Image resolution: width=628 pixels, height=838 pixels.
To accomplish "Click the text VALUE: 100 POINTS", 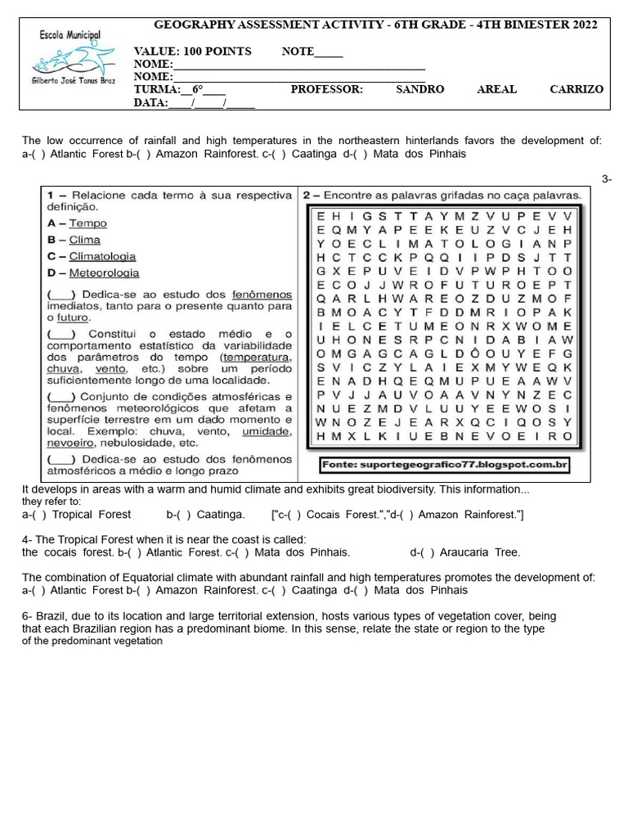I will [193, 52].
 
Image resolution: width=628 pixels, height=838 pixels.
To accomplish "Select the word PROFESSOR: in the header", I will [326, 89].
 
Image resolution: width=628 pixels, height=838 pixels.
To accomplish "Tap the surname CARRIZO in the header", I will [576, 89].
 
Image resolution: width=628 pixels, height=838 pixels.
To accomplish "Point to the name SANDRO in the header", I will [419, 89].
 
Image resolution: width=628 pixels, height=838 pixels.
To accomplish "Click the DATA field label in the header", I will [150, 103].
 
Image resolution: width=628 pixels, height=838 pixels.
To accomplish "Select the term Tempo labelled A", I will [87, 223].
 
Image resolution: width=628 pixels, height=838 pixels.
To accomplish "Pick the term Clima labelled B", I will [84, 240].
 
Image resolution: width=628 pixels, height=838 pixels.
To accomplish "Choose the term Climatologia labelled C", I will [102, 256].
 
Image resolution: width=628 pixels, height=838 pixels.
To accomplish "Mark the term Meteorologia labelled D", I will [104, 273].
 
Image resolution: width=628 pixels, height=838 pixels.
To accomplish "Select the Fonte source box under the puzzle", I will [443, 465].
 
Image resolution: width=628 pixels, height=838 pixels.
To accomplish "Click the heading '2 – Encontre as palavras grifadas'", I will [442, 196].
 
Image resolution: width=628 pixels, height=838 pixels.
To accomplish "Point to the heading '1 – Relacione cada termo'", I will [168, 196].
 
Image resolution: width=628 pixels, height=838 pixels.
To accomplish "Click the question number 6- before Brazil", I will [29, 615].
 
